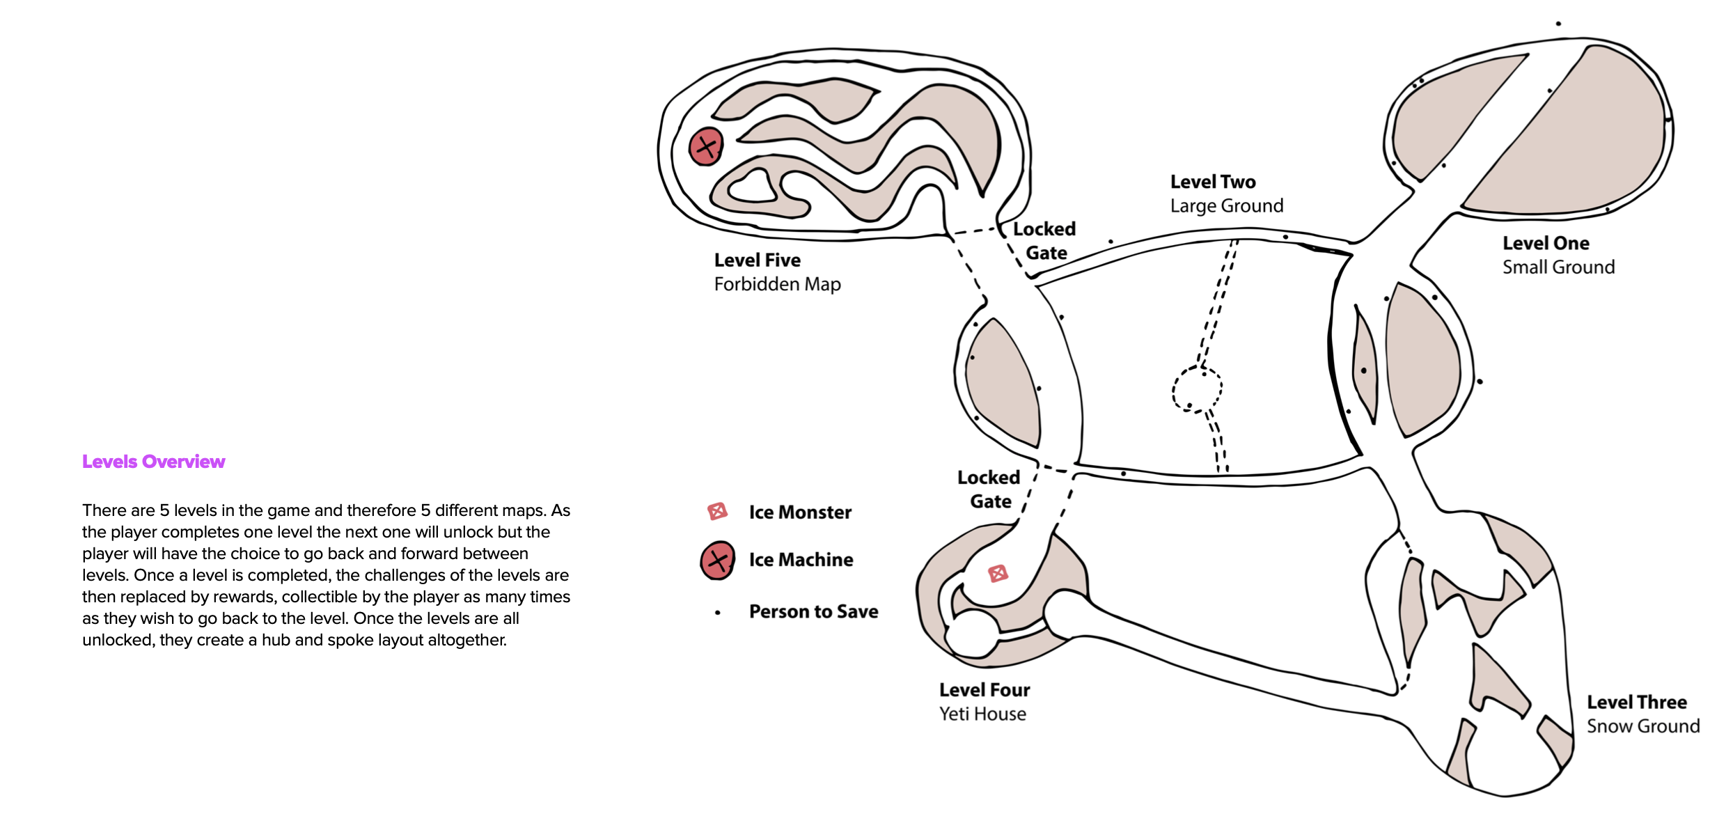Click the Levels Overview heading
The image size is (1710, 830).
click(153, 462)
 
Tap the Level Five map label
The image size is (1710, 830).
click(757, 260)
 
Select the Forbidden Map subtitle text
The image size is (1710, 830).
click(777, 284)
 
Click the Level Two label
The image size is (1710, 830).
click(1212, 182)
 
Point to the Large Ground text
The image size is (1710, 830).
click(1226, 206)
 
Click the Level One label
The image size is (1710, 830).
click(1545, 244)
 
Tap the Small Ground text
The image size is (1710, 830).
click(1558, 267)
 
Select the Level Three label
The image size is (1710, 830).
click(1636, 702)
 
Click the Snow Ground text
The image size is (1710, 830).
click(1642, 726)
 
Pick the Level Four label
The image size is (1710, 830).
click(984, 690)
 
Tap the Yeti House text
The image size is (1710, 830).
click(982, 714)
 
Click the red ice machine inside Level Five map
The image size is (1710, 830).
click(706, 147)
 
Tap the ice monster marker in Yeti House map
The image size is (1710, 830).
click(998, 574)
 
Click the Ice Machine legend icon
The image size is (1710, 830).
click(717, 561)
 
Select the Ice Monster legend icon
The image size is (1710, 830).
click(717, 512)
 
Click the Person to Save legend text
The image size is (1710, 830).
click(813, 612)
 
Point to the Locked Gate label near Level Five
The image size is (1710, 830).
click(1044, 241)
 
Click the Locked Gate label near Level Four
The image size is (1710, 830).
click(989, 490)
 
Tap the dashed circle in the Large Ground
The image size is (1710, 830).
click(1197, 389)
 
